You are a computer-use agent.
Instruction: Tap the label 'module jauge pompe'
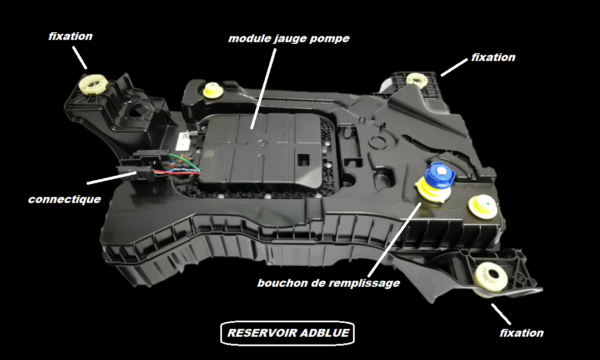[289, 39]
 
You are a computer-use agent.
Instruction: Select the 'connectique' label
[64, 199]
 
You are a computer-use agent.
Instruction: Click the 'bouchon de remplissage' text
[329, 283]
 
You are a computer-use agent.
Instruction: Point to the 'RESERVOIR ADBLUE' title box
[288, 333]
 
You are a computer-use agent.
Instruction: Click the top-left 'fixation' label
[70, 37]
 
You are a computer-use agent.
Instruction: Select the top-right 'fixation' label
[493, 57]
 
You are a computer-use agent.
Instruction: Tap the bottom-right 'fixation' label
[521, 333]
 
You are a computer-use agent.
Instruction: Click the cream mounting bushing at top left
[94, 85]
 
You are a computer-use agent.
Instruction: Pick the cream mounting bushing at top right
[416, 79]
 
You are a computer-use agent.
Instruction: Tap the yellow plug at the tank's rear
[212, 89]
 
